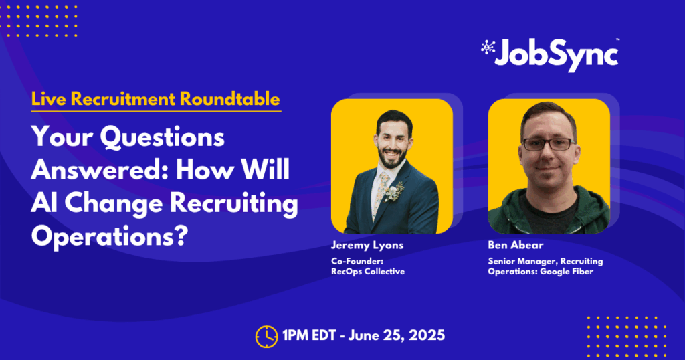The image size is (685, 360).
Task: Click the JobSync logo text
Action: click(x=557, y=55)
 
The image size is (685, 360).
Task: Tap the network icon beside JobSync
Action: click(x=488, y=48)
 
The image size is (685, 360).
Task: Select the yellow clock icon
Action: click(x=266, y=337)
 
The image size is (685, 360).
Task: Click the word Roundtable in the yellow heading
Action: click(x=230, y=99)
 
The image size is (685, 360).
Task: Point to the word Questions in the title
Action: click(x=163, y=138)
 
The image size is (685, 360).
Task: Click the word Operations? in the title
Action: click(x=110, y=236)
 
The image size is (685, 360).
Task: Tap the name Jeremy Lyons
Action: click(x=367, y=245)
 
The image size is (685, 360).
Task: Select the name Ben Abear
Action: click(x=516, y=245)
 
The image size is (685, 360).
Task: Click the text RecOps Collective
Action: click(x=368, y=271)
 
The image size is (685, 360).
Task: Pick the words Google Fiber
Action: click(x=567, y=271)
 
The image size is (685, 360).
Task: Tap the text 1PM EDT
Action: click(x=309, y=335)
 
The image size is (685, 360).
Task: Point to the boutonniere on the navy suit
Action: click(x=395, y=193)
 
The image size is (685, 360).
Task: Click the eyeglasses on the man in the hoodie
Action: click(x=549, y=144)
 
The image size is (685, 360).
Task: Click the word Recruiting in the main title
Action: click(x=233, y=203)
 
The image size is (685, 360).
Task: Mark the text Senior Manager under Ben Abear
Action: click(x=522, y=261)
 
